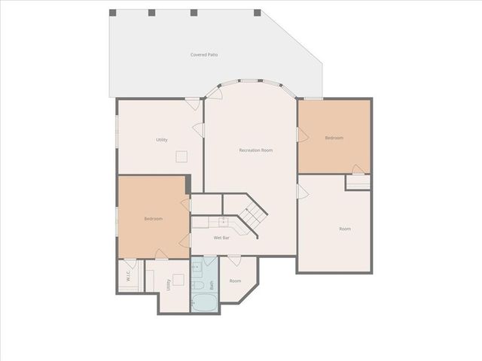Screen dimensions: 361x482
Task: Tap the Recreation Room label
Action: pyautogui.click(x=255, y=150)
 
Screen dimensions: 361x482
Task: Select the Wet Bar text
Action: pyautogui.click(x=221, y=238)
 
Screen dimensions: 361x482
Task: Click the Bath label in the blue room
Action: pyautogui.click(x=212, y=286)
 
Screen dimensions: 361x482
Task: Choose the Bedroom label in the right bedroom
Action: pyautogui.click(x=334, y=138)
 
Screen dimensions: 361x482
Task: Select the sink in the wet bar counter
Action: pyautogui.click(x=223, y=220)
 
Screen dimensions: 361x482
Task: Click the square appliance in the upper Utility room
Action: pyautogui.click(x=181, y=156)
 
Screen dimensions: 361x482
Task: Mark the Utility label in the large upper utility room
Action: pyautogui.click(x=161, y=140)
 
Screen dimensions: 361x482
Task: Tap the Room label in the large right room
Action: pyautogui.click(x=344, y=229)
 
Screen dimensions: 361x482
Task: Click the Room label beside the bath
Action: pyautogui.click(x=235, y=281)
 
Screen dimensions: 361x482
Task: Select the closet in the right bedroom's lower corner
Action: pyautogui.click(x=358, y=181)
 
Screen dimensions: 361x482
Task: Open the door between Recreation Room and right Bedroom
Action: pyautogui.click(x=303, y=135)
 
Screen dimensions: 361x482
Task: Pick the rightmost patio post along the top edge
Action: pyautogui.click(x=258, y=13)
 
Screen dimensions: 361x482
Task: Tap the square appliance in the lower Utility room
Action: pyautogui.click(x=178, y=280)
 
